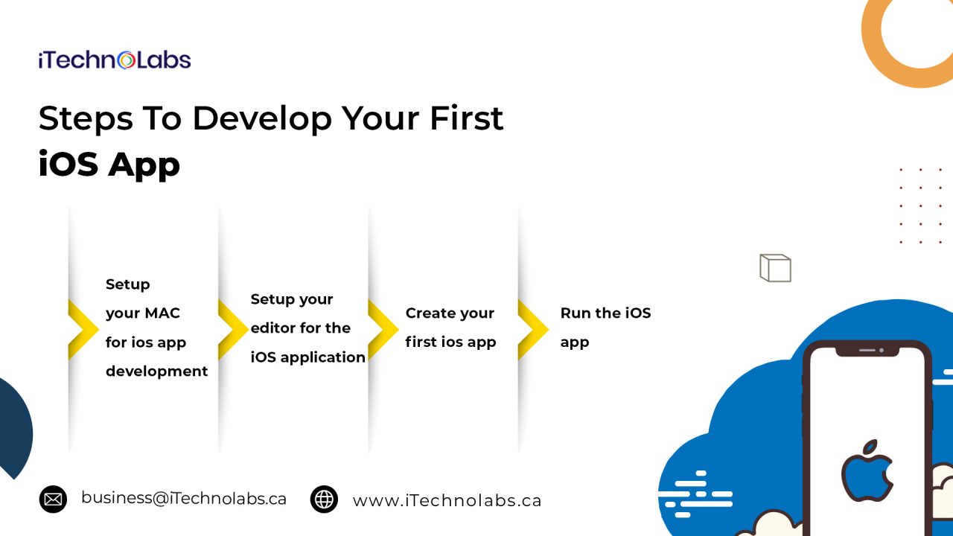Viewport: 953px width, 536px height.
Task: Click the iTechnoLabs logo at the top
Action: click(x=115, y=60)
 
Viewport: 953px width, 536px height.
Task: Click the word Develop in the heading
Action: click(x=262, y=119)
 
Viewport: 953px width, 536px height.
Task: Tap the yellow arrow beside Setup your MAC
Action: click(x=83, y=329)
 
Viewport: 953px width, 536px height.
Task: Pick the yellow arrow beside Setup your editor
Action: click(x=233, y=329)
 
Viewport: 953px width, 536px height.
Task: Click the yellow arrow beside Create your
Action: click(x=383, y=329)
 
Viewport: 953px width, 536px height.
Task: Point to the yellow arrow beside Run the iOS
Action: click(x=533, y=329)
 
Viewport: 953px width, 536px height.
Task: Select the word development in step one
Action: click(x=156, y=371)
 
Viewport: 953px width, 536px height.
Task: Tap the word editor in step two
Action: click(x=272, y=328)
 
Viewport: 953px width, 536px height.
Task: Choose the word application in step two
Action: click(x=323, y=358)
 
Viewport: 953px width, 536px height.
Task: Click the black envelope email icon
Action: click(x=53, y=499)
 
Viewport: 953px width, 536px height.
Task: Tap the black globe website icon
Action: click(x=324, y=499)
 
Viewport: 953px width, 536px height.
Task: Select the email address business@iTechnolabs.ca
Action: click(x=184, y=499)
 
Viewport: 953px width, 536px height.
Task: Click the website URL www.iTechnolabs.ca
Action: click(x=447, y=501)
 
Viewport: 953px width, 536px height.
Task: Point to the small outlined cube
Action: click(x=775, y=268)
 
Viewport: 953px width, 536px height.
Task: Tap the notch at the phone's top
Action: click(x=867, y=351)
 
